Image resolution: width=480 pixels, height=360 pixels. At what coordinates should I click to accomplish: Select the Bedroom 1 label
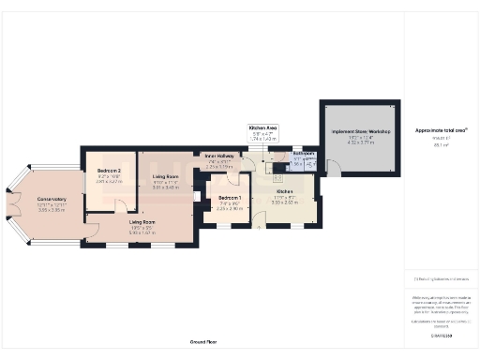tap(230, 199)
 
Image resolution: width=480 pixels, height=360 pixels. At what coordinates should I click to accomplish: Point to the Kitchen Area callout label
tap(262, 127)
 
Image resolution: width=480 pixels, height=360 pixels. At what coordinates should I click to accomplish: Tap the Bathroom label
tap(303, 153)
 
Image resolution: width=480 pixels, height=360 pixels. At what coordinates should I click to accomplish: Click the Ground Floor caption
tap(203, 343)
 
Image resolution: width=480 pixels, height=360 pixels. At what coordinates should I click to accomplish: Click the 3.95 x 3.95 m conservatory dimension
tap(52, 210)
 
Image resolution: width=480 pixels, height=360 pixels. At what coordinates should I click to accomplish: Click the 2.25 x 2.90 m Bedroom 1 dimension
tap(230, 209)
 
